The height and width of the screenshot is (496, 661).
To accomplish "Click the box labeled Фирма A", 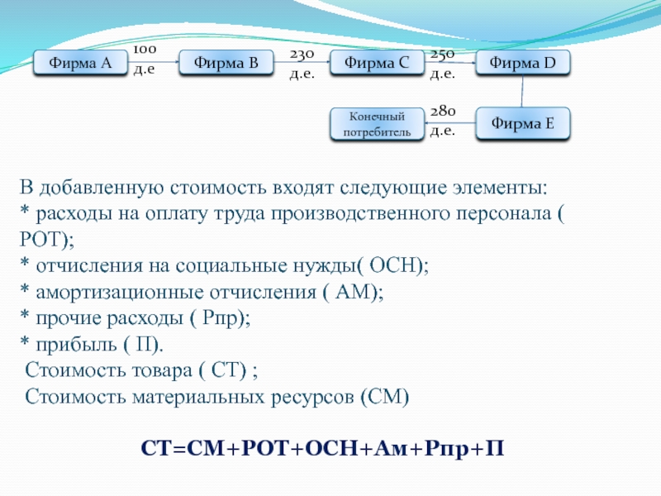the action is [x=80, y=63].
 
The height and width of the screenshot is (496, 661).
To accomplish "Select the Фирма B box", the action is [x=226, y=63].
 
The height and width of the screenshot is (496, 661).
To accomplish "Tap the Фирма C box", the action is [x=377, y=63].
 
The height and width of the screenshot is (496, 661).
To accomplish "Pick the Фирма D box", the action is [x=523, y=63].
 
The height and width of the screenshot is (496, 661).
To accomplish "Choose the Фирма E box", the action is [x=523, y=123].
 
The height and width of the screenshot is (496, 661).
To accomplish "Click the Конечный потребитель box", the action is [x=377, y=124].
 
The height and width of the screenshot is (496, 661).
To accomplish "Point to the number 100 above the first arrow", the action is [x=145, y=50].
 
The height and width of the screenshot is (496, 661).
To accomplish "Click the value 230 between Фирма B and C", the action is [x=302, y=55].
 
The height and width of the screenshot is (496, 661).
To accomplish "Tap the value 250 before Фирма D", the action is [x=442, y=55].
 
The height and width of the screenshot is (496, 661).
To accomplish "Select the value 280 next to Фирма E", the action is [x=443, y=111].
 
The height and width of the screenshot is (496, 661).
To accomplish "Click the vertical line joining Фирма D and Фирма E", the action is [x=522, y=91].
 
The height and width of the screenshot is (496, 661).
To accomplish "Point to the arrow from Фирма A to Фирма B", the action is [x=153, y=62].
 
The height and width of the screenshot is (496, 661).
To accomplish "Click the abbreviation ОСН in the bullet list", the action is [x=396, y=265].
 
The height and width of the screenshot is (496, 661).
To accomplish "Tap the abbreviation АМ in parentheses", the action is [x=354, y=292].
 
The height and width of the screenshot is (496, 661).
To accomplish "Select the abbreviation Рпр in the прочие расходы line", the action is [x=220, y=319].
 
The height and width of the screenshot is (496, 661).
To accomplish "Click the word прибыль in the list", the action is [x=76, y=345].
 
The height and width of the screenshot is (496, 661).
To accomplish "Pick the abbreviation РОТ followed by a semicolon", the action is [x=41, y=240].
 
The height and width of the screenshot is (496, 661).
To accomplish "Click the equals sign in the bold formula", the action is [x=179, y=449].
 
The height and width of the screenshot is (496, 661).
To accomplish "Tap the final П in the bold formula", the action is [x=494, y=448].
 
